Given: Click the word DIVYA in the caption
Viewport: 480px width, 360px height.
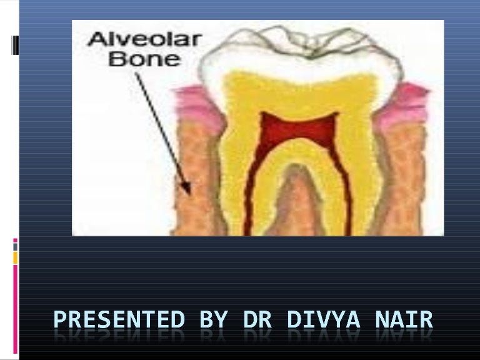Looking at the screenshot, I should (x=324, y=320).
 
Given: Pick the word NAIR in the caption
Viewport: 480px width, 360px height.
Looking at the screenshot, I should (x=403, y=320).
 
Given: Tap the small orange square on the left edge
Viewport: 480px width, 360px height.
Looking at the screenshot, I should (x=16, y=258).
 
